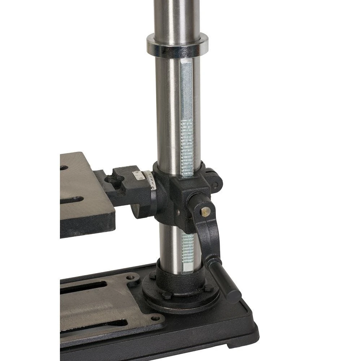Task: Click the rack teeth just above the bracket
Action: (187, 148)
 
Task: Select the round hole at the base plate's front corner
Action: (156, 318)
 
